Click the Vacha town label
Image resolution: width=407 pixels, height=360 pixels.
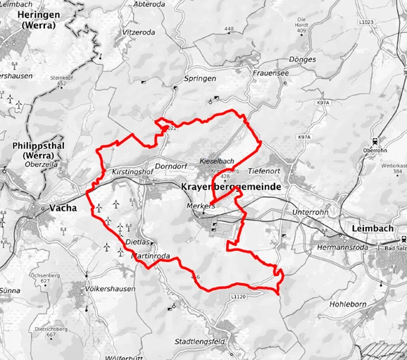coord(64,208)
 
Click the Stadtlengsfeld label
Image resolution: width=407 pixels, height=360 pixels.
coord(208,342)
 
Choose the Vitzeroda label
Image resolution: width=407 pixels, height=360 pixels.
coord(138,32)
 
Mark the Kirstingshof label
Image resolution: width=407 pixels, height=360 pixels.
coord(132,172)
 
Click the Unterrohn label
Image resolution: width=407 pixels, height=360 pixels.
coord(311,211)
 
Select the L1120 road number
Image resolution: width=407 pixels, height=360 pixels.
coord(239,298)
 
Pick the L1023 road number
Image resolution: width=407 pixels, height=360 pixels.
coord(387,23)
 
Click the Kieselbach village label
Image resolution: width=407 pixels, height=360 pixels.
coord(218,160)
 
